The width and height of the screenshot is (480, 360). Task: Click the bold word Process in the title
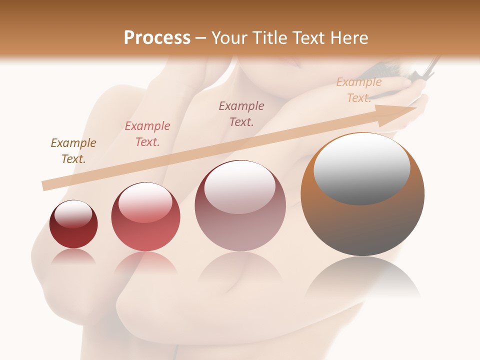(157, 38)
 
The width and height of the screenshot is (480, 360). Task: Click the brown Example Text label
(73, 151)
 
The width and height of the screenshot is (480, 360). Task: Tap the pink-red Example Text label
(147, 134)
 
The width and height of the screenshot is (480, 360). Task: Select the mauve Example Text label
(241, 113)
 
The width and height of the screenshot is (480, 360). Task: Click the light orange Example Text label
(358, 90)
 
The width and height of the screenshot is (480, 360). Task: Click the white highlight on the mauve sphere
(240, 187)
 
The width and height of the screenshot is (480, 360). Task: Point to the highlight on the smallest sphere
(73, 214)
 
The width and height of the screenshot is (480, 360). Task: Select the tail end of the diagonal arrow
(46, 185)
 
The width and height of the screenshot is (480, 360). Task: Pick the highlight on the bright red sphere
(145, 202)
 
